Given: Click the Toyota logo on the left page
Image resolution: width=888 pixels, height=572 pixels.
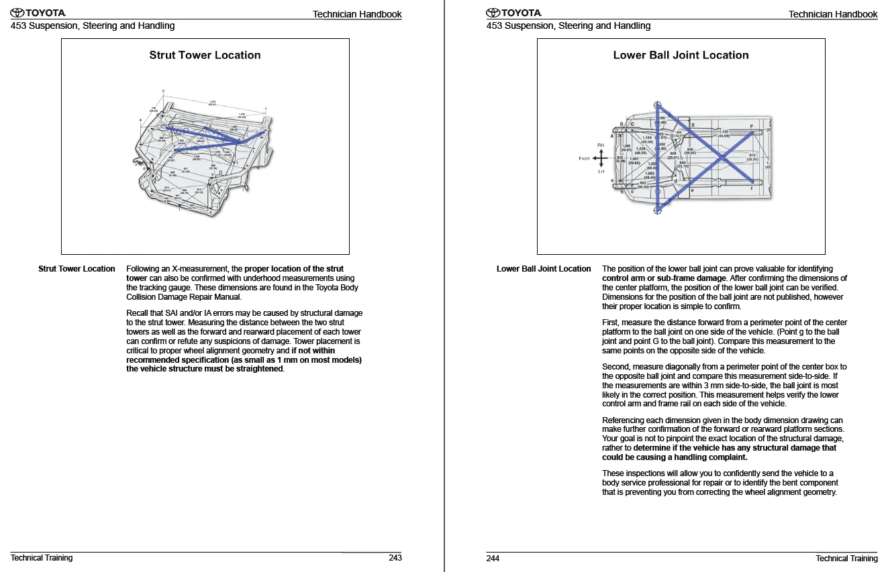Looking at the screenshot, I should click(38, 13).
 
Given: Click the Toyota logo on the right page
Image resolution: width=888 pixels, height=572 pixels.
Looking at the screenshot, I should click(513, 13).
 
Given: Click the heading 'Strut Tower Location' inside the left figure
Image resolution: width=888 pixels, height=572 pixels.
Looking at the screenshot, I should click(205, 56).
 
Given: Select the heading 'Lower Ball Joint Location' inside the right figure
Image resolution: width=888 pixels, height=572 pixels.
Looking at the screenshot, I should click(681, 56).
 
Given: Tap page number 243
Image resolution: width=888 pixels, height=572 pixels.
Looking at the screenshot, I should click(395, 558).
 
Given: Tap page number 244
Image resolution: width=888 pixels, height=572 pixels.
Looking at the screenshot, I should click(493, 558).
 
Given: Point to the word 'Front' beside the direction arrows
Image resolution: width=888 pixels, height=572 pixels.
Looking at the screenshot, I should click(585, 159).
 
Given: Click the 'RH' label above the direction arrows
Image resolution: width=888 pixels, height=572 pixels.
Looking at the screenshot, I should click(601, 145).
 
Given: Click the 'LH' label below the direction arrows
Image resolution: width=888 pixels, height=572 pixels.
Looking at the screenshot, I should click(601, 172).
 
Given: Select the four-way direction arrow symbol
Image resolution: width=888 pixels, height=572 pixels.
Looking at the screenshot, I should click(601, 158).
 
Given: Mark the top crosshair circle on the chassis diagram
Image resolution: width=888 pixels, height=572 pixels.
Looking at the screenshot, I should click(658, 105).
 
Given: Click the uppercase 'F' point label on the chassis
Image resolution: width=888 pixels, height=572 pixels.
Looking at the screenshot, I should click(752, 125).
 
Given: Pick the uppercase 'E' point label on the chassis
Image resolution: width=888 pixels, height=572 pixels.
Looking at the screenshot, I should click(693, 125).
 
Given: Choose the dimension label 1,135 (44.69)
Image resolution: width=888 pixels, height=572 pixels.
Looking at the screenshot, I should click(724, 133).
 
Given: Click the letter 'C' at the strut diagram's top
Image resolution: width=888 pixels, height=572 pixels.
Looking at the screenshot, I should click(163, 91).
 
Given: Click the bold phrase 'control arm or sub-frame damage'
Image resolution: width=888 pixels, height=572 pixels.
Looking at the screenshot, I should click(664, 278).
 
